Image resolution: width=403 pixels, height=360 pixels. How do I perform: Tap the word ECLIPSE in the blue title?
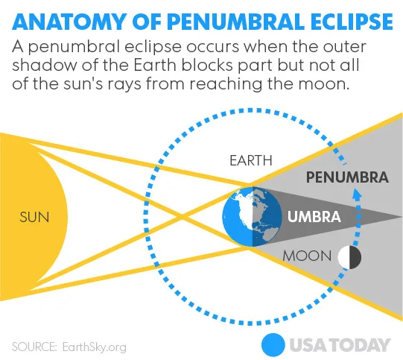coord(352,22)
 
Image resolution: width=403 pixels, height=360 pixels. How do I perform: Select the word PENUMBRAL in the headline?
coord(236,22)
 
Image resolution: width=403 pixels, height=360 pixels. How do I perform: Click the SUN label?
coord(34,217)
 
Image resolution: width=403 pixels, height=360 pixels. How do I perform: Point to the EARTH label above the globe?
coord(251,160)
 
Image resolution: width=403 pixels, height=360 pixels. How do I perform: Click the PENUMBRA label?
coord(347,177)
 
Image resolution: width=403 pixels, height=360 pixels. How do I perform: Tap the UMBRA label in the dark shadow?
coord(314,216)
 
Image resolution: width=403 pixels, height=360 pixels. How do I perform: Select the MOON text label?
coord(307,256)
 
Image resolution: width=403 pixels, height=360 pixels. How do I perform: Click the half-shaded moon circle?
coord(349,257)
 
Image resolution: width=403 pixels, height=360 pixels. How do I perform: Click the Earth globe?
coord(252,217)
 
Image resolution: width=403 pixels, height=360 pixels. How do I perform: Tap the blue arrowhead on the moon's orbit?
coord(357,194)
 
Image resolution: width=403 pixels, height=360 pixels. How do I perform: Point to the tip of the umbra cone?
coord(401,218)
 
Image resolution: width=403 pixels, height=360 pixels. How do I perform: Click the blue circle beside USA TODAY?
coord(273,345)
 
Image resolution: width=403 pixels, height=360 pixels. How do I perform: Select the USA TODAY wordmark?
coord(340,345)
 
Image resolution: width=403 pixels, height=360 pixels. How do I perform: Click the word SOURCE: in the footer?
coord(34,347)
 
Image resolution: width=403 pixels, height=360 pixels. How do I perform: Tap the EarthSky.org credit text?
coord(95,347)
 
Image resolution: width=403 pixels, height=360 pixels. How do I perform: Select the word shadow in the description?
coord(44,66)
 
